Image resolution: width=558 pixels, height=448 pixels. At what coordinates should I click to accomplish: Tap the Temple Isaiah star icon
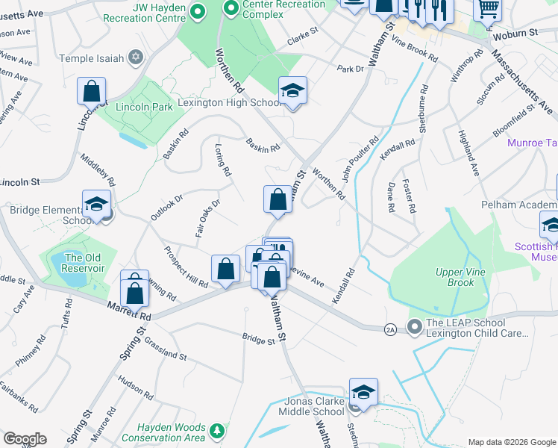pyautogui.click(x=135, y=56)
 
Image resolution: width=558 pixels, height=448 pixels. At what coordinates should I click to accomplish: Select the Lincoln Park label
pyautogui.click(x=144, y=107)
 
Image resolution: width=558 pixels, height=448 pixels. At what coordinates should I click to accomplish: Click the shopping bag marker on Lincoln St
pyautogui.click(x=91, y=93)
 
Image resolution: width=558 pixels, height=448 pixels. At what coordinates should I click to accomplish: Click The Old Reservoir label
pyautogui.click(x=84, y=263)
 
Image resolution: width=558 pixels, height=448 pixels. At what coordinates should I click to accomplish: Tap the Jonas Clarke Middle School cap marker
pyautogui.click(x=363, y=393)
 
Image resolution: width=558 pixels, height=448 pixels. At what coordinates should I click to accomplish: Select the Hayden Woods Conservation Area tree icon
pyautogui.click(x=217, y=430)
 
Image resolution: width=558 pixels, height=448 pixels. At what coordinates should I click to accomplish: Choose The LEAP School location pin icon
pyautogui.click(x=415, y=326)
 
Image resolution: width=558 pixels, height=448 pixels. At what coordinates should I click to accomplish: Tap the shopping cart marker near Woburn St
pyautogui.click(x=488, y=9)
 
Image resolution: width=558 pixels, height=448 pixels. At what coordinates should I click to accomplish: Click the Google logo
pyautogui.click(x=25, y=439)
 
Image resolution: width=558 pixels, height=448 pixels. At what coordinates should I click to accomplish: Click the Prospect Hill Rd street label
pyautogui.click(x=186, y=269)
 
